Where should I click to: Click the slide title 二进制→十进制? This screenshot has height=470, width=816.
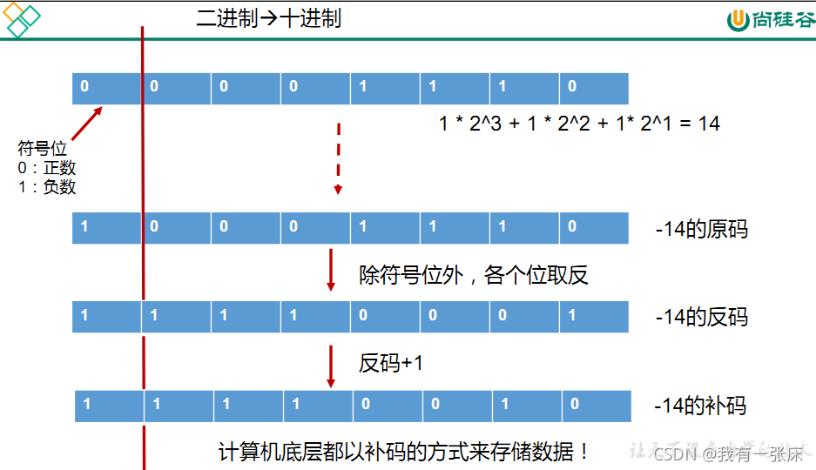pos(268,18)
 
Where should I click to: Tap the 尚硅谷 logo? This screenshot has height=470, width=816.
pos(771,20)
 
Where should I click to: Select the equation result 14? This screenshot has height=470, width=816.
pos(709,124)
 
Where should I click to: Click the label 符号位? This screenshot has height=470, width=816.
pos(42,149)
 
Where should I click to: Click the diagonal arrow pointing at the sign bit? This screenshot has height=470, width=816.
pos(87,124)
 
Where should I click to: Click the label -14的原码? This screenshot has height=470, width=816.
pos(701,230)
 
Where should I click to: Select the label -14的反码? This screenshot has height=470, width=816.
pos(701,317)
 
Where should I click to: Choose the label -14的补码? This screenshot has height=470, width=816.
pos(701,406)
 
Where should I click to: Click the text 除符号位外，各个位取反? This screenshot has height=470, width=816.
pos(474,276)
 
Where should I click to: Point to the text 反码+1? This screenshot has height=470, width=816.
pos(391,363)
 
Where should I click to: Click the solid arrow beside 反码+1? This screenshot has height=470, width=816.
pos(331,365)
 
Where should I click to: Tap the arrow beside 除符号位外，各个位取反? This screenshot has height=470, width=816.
pos(331,270)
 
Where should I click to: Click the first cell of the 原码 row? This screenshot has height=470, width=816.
pos(106,227)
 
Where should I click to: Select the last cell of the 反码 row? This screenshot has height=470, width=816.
pos(593,316)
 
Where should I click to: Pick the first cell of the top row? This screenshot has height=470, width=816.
pos(106,88)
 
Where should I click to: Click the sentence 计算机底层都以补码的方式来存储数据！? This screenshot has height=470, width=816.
pos(404,452)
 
